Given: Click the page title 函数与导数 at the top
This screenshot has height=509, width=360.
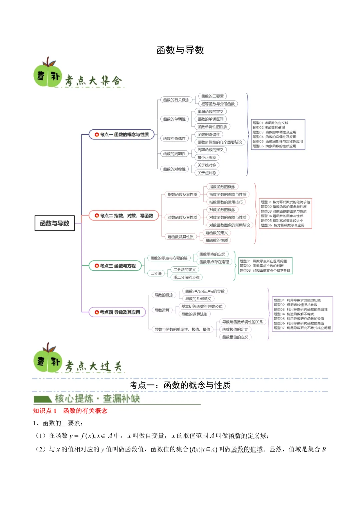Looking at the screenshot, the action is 180,50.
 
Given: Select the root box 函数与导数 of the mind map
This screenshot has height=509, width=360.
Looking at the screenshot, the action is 55,223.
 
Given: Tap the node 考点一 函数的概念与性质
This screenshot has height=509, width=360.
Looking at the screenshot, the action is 122,134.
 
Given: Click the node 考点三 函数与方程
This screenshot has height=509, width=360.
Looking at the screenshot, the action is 115,266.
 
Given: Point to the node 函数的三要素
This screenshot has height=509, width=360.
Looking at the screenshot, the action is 212,96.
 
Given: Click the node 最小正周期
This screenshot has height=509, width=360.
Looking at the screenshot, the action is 207,157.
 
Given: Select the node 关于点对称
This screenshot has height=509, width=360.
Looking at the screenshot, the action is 207,173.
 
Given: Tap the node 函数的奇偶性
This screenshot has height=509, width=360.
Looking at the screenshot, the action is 174,138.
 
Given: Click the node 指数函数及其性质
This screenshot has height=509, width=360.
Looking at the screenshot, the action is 182,194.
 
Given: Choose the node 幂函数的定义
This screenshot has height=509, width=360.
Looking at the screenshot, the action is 217,233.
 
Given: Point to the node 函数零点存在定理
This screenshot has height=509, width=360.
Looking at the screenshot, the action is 214,262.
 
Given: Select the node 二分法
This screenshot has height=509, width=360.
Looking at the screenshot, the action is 156,273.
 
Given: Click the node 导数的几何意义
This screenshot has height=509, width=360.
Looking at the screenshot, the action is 198,299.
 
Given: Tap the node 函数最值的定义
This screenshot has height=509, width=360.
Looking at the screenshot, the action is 235,337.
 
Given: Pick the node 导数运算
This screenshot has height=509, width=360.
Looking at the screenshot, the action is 162,310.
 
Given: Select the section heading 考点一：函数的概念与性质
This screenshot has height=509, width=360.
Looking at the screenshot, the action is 180,385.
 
